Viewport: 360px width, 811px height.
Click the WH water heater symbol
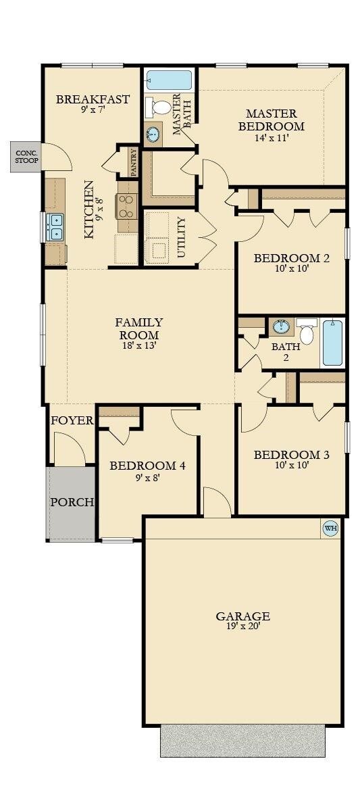tap(330, 529)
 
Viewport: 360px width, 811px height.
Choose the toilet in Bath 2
tap(307, 332)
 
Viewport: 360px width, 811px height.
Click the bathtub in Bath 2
tap(334, 343)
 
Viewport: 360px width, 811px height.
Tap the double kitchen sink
tap(55, 227)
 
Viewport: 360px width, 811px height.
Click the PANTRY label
tap(134, 163)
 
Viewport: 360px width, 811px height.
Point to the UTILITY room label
tap(181, 238)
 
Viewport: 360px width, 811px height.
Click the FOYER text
tap(72, 420)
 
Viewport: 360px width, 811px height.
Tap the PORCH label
tap(72, 502)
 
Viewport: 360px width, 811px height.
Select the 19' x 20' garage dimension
tap(242, 626)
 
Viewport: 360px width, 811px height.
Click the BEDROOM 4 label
tap(147, 466)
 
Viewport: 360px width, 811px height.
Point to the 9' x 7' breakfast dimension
tap(93, 110)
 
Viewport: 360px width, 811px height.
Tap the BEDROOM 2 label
tap(291, 258)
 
